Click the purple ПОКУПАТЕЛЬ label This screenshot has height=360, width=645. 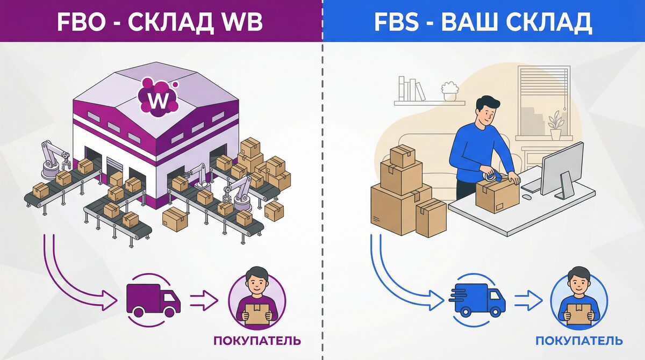257,341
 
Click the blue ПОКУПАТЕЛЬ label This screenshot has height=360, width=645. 579,341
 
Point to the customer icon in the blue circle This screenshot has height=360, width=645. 579,299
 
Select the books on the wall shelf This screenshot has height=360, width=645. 411,89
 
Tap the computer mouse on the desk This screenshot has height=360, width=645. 527,197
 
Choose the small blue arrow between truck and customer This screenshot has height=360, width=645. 527,300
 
